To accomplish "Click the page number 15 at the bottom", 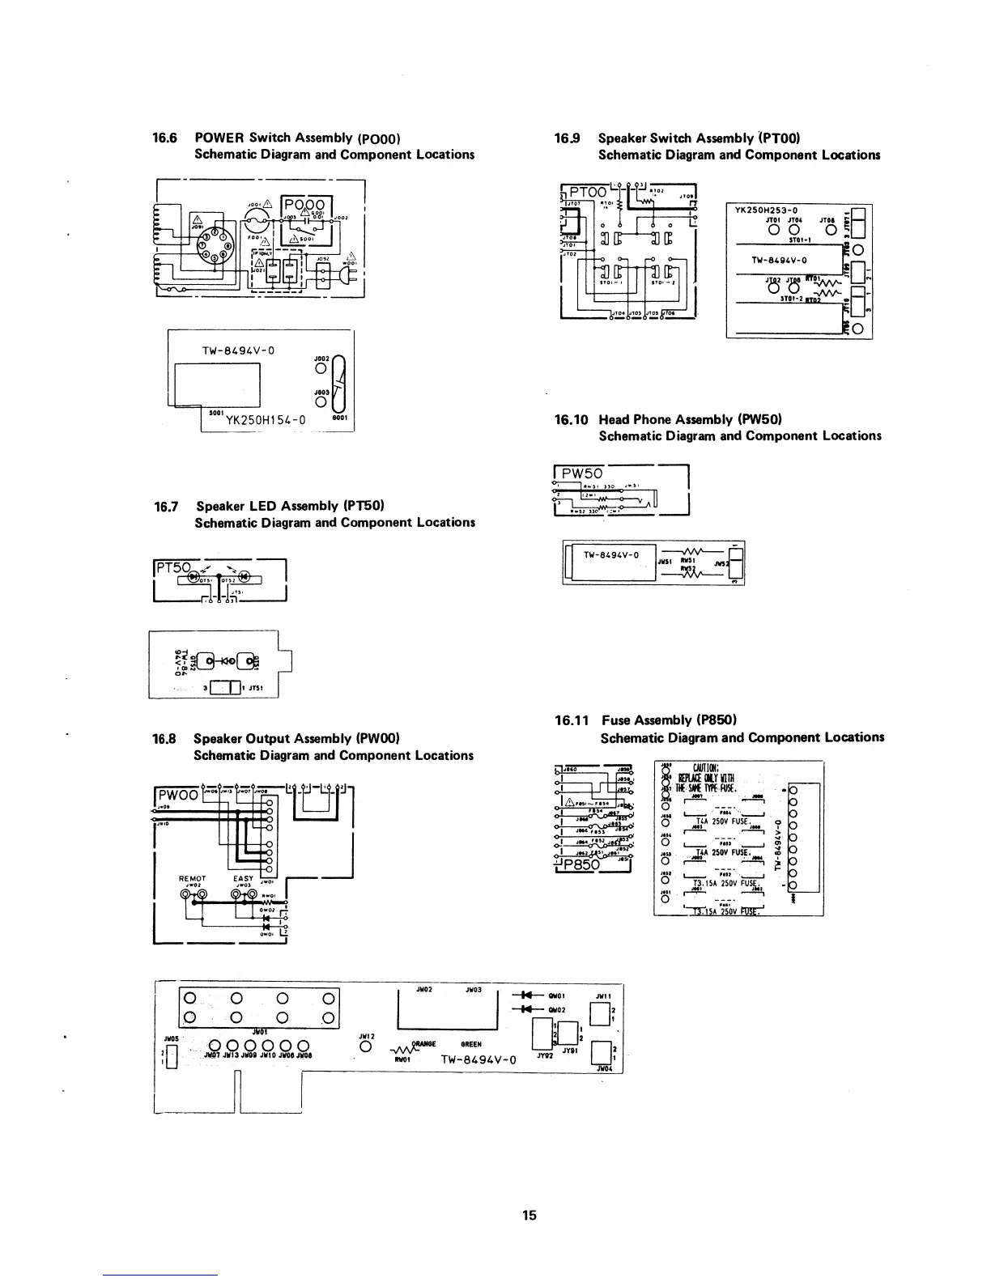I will coord(529,1215).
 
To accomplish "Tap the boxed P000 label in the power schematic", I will coord(302,205).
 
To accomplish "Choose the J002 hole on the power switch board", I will coord(321,369).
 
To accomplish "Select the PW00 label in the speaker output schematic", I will coord(177,794).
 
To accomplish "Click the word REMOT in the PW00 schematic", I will coord(193,878).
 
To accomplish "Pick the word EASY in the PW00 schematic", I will coord(243,878).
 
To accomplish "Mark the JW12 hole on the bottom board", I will coord(364,1047).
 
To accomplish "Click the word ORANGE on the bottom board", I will coord(425,1044).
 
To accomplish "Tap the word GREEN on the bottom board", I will coord(471,1044).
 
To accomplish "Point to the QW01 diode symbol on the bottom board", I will coord(526,995).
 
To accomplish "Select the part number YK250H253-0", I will coord(766,210).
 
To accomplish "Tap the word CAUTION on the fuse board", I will coord(700,768).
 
